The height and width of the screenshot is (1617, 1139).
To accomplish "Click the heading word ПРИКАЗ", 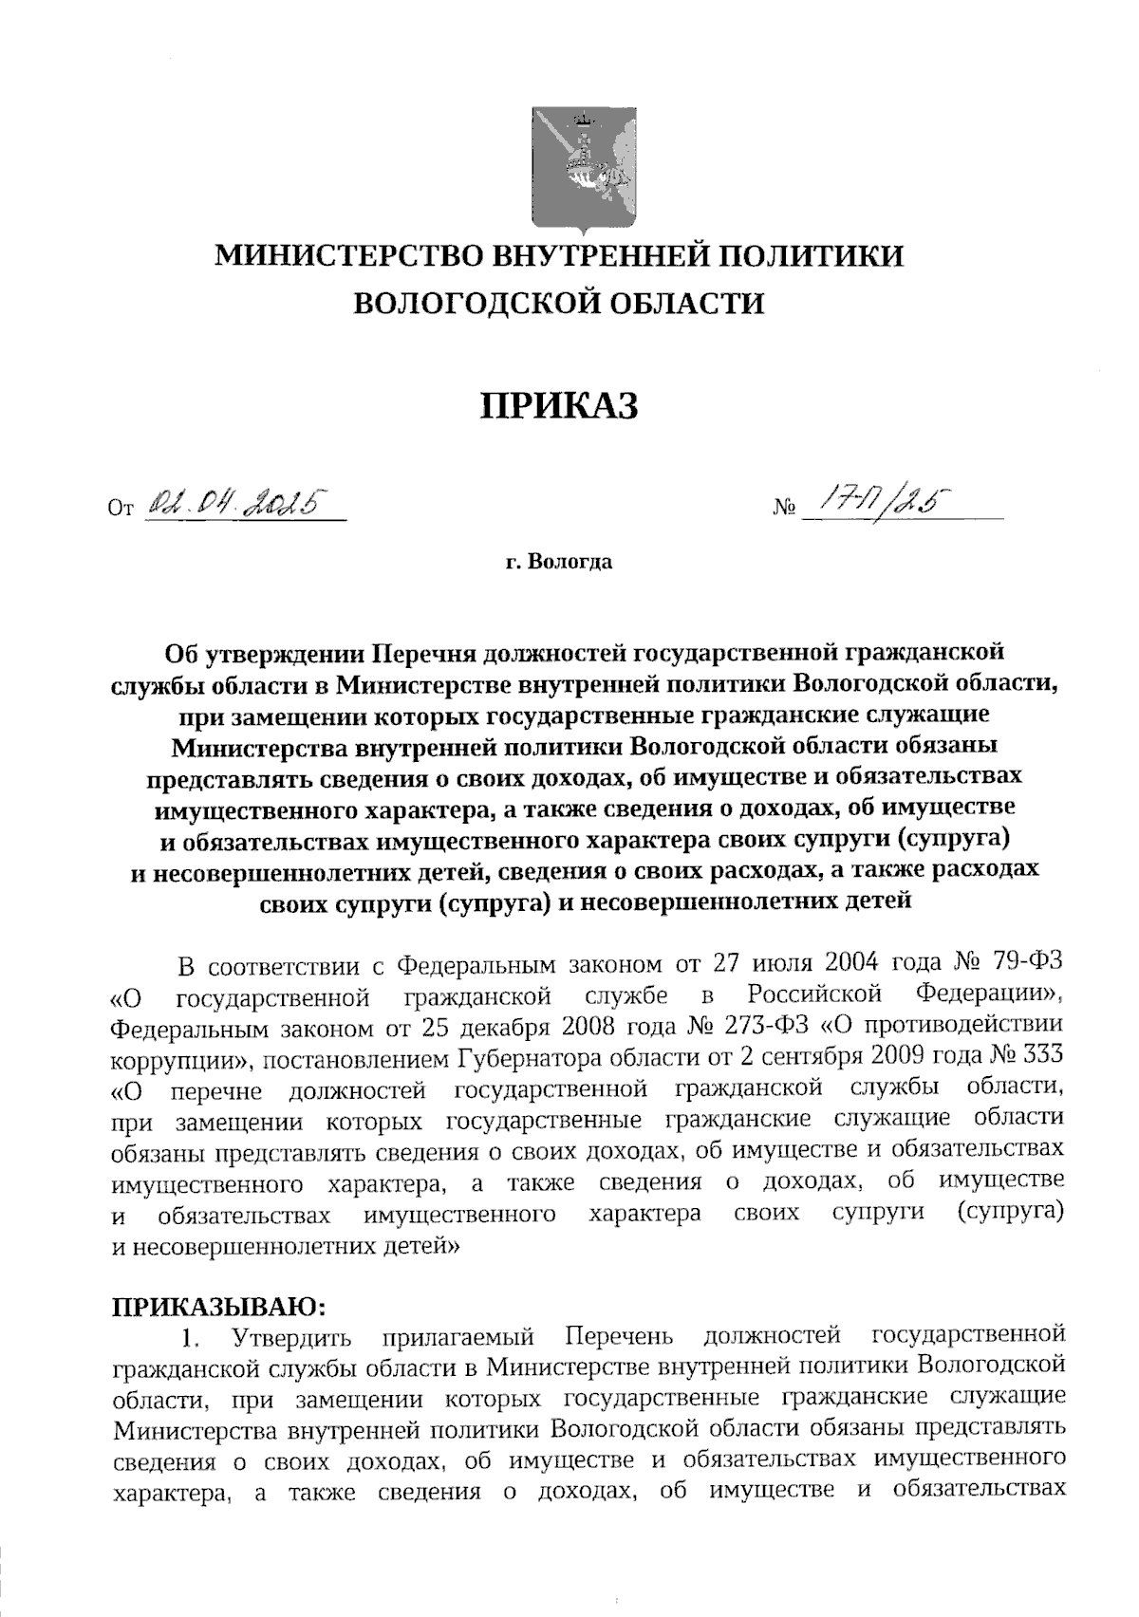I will (x=560, y=404).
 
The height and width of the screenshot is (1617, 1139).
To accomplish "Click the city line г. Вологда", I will (x=558, y=562).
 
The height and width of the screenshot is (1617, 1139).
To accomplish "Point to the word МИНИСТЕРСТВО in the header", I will (x=348, y=256).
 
